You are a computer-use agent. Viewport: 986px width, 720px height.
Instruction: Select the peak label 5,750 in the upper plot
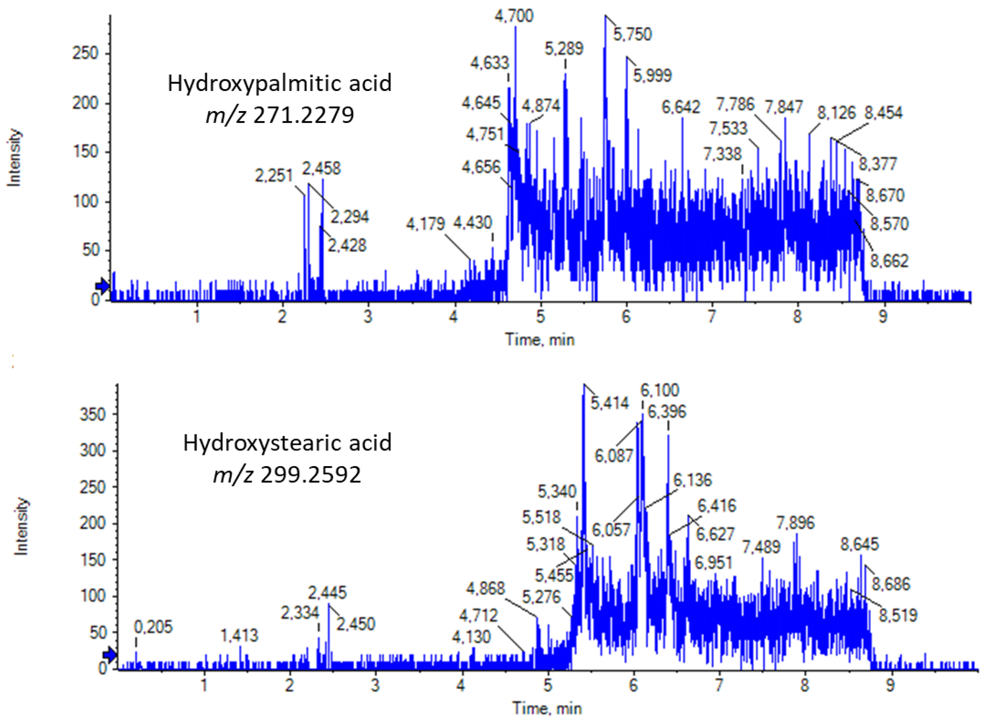(x=632, y=34)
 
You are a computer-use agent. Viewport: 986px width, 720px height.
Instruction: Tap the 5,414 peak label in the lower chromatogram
(x=609, y=403)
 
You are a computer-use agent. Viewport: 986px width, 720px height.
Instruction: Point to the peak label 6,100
(x=660, y=390)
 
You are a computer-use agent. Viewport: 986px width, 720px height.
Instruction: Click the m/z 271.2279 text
(x=280, y=115)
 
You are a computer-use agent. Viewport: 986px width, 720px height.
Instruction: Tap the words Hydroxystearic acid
(x=287, y=443)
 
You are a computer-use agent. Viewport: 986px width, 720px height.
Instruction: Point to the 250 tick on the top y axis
(x=85, y=53)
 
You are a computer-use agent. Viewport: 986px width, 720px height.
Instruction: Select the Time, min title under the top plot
(x=540, y=339)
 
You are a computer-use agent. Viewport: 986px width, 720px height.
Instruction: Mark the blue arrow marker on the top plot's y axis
(x=103, y=286)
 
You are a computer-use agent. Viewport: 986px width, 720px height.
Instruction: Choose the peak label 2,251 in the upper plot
(x=273, y=176)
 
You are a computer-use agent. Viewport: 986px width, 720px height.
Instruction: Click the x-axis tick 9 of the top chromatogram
(x=883, y=317)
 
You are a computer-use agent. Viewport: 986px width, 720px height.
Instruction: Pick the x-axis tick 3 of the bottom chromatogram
(x=375, y=686)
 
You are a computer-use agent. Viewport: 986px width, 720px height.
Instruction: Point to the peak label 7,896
(x=795, y=522)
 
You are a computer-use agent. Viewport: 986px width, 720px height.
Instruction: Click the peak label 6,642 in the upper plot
(x=681, y=107)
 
